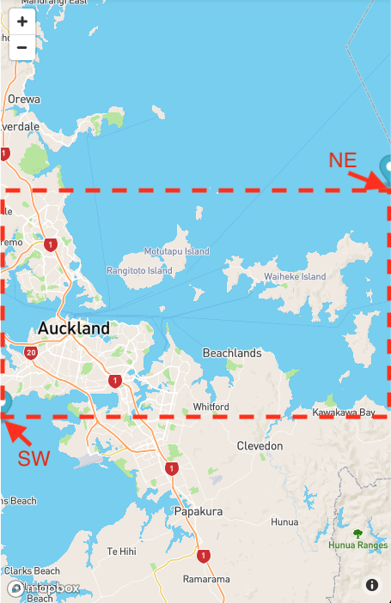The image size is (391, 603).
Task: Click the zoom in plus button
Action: pos(21,21)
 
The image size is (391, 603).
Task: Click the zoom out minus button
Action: pos(21,47)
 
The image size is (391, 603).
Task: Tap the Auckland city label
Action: pos(74,328)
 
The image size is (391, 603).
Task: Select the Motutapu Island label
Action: pos(176,251)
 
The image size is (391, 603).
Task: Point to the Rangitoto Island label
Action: pos(139,270)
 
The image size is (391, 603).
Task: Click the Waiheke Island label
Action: pos(295,276)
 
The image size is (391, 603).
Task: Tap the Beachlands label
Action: pos(232,353)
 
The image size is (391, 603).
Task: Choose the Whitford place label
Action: pos(211,406)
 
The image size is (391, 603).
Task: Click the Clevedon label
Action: pos(260,446)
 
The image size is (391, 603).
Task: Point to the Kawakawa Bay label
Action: pos(344,413)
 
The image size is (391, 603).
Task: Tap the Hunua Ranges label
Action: pos(357,545)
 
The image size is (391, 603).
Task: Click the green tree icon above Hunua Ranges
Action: pos(357,533)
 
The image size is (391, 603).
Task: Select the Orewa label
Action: pos(23,99)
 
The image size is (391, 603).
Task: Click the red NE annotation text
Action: pos(343,160)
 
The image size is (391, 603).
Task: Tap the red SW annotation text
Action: pos(34,458)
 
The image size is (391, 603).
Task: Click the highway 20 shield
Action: pos(32,353)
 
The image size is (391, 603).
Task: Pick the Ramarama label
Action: pos(206,579)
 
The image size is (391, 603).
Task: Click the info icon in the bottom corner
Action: pos(372,585)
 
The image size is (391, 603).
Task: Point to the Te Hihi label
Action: pos(121,551)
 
